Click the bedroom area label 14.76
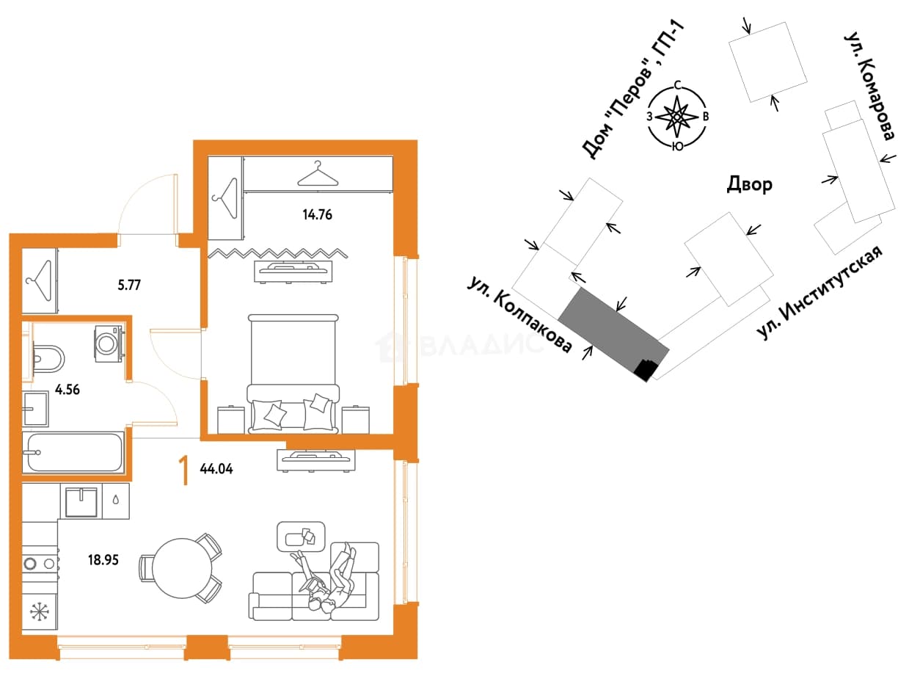click(317, 215)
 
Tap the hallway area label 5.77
click(129, 286)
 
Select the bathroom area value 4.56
click(67, 390)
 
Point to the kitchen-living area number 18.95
click(103, 560)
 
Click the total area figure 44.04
click(216, 468)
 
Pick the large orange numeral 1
click(183, 470)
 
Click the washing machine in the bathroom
click(109, 343)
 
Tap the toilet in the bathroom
click(48, 359)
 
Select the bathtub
click(74, 453)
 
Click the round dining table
click(183, 568)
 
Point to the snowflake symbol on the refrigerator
click(40, 611)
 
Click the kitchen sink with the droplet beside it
click(81, 501)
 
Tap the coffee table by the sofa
click(301, 537)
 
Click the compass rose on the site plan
click(676, 116)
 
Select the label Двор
click(749, 184)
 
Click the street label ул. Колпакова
click(519, 314)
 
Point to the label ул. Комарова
click(870, 85)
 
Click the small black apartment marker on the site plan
click(645, 370)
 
